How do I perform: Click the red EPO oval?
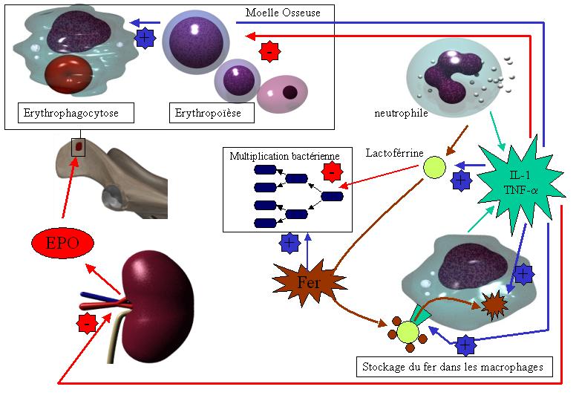pos(64,243)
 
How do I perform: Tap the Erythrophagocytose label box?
pos(76,114)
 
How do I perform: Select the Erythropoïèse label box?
pos(212,114)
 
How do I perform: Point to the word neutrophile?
pos(401,114)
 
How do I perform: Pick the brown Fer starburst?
pos(309,282)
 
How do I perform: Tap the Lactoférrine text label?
pos(394,153)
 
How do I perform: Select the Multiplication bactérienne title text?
pos(284,157)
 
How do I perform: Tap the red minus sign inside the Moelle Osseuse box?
pos(269,52)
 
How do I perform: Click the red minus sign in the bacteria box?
pos(332,171)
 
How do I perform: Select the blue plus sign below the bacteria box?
pos(289,242)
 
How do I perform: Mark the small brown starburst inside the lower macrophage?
pos(492,304)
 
